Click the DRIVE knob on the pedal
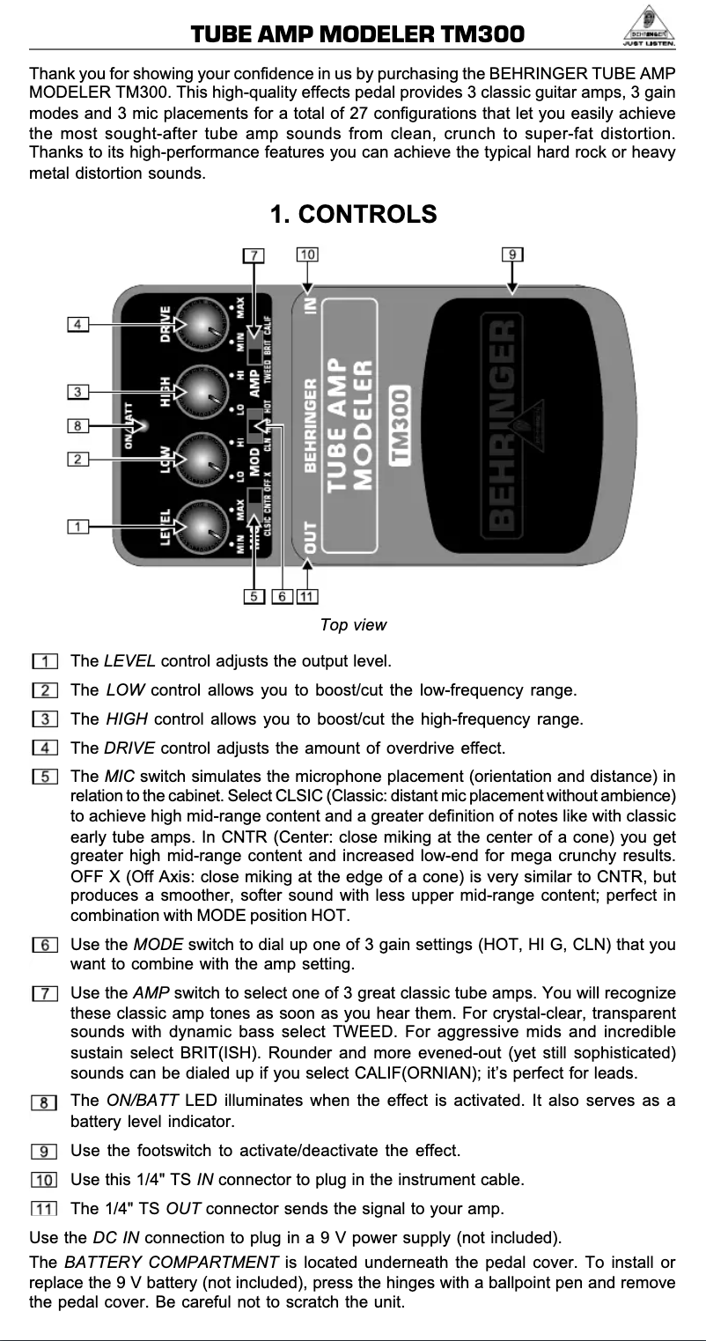(203, 325)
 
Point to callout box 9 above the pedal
(513, 255)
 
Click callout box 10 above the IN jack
(307, 254)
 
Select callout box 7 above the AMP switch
(253, 255)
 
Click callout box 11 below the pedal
(307, 597)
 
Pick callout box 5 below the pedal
(255, 597)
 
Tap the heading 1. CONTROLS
(353, 214)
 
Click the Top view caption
(353, 625)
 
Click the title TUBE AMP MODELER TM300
(357, 34)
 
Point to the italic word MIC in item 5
(120, 777)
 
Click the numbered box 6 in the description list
(44, 946)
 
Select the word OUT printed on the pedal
(310, 537)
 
